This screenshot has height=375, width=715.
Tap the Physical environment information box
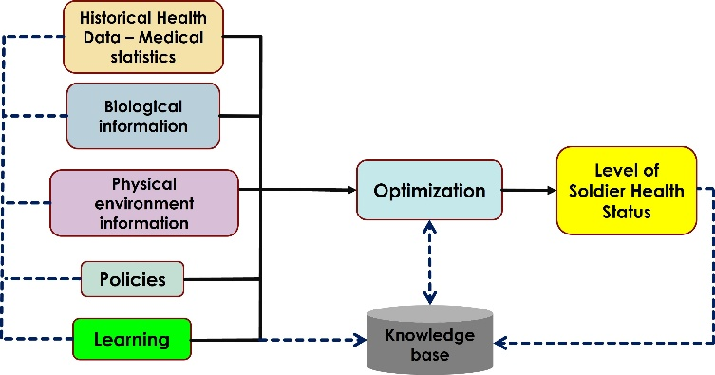pyautogui.click(x=142, y=201)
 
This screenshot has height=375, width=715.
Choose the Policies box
pyautogui.click(x=131, y=279)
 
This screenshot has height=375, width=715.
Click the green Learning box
pyautogui.click(x=131, y=339)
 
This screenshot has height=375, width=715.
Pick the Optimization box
pyautogui.click(x=428, y=191)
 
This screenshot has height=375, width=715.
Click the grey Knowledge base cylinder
pyautogui.click(x=434, y=339)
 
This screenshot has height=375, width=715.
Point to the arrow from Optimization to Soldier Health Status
pyautogui.click(x=528, y=191)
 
